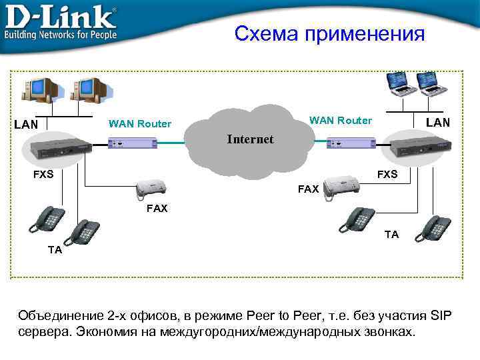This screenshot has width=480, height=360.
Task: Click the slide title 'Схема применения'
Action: point(329,34)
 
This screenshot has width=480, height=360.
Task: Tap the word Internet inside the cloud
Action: point(250,139)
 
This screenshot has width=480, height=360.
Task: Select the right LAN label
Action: point(438,122)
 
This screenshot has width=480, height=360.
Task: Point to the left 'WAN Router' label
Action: point(140,123)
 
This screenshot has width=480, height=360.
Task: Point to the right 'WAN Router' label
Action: point(341,121)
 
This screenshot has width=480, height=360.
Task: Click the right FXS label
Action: point(387,174)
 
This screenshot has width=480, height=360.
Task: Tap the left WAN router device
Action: point(132,143)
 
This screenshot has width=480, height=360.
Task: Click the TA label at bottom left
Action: point(55,250)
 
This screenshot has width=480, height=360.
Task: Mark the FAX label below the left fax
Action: point(157,209)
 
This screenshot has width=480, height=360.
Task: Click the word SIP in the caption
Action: point(441,315)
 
